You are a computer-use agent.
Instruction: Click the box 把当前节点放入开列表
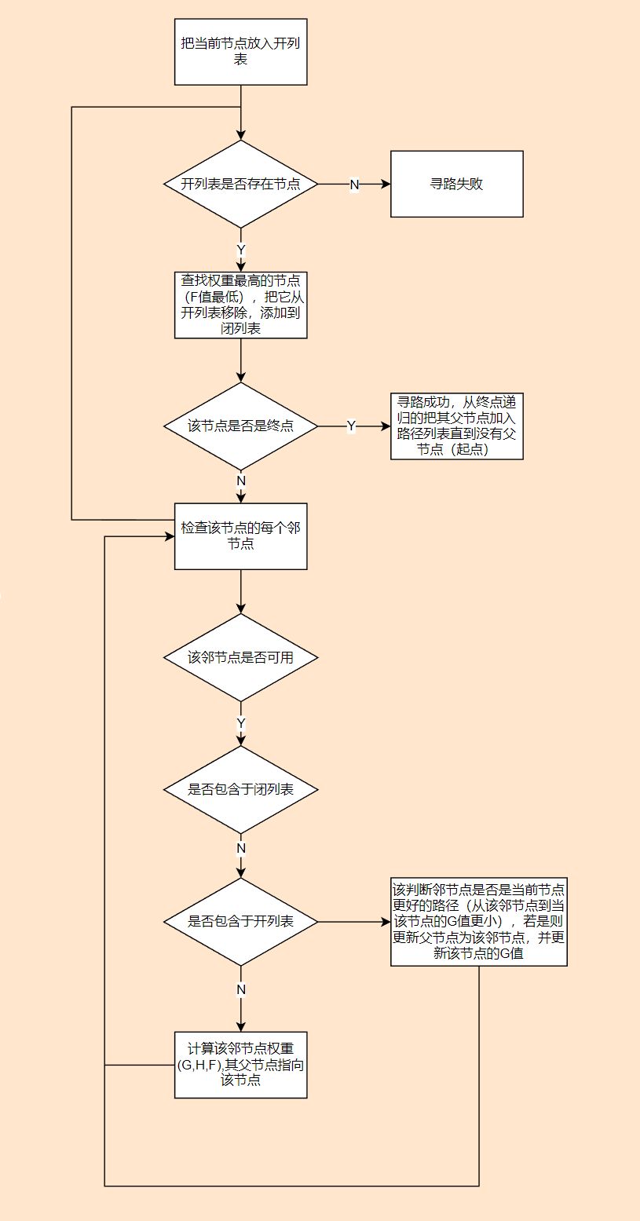[x=240, y=51]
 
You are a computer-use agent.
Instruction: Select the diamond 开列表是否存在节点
[x=240, y=184]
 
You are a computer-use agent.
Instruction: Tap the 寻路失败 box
[x=456, y=184]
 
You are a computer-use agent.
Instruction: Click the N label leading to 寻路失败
[x=354, y=184]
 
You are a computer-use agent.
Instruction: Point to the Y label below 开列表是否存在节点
[x=241, y=250]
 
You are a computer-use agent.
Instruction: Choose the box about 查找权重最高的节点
[x=240, y=305]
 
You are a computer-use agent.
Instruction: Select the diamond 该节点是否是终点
[x=240, y=426]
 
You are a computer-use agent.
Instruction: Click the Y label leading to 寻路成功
[x=351, y=426]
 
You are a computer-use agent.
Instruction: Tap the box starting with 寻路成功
[x=456, y=426]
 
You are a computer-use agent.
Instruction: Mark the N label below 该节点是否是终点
[x=241, y=481]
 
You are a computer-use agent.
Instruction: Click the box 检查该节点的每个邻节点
[x=240, y=536]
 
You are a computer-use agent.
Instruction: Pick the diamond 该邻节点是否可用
[x=240, y=657]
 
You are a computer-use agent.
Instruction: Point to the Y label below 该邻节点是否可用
[x=241, y=722]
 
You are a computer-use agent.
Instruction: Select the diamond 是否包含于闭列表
[x=240, y=789]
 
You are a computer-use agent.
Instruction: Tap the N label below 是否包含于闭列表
[x=241, y=848]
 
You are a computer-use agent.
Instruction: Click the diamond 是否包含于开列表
[x=240, y=921]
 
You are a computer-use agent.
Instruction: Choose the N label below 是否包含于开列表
[x=241, y=989]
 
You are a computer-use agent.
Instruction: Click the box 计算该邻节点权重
[x=240, y=1064]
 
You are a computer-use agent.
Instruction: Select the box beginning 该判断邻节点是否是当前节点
[x=478, y=921]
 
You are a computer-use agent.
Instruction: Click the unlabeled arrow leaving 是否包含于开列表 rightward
[x=353, y=921]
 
